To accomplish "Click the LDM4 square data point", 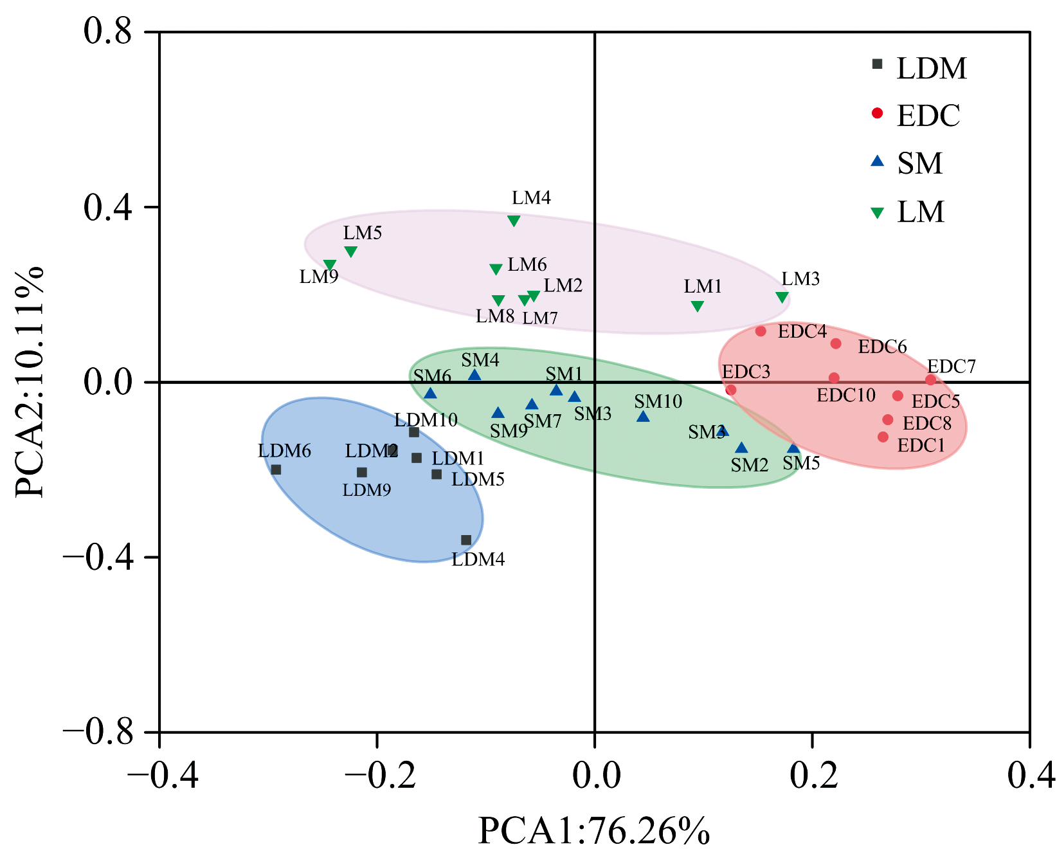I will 466,540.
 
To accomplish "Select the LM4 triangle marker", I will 514,221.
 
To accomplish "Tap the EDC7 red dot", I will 930,380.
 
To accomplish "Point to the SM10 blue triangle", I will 643,417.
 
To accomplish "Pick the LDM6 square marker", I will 276,469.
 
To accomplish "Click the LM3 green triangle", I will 782,297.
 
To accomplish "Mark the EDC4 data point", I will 761,331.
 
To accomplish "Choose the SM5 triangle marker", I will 793,449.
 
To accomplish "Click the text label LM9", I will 319,277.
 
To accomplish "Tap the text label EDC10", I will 846,395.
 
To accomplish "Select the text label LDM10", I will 426,420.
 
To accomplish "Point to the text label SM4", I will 480,360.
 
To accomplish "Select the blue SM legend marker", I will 877,161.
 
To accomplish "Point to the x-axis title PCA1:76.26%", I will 594,830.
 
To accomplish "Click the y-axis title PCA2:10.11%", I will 30,381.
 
